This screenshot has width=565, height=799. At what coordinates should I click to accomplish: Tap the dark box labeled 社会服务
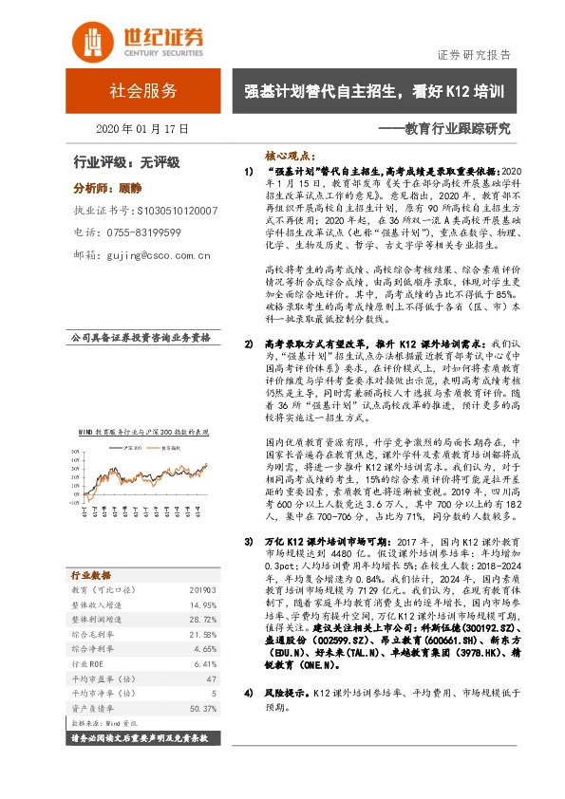click(x=143, y=92)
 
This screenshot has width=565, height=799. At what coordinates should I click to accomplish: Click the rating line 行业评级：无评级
click(x=126, y=162)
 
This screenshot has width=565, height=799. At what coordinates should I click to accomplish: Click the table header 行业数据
click(x=91, y=575)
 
